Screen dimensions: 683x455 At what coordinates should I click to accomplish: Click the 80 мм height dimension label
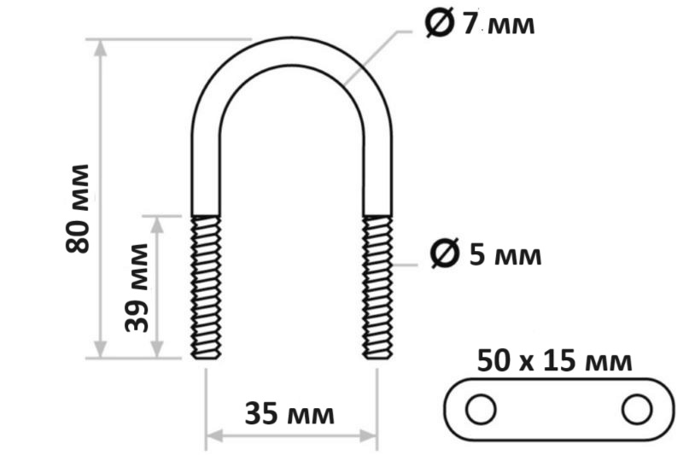coord(78,208)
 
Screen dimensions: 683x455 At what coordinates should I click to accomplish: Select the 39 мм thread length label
coord(137,288)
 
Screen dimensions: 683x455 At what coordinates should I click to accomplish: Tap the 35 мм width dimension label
coord(289,413)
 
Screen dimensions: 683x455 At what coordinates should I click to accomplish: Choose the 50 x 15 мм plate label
coord(554,361)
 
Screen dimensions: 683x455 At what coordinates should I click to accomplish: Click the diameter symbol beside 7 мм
coord(440,23)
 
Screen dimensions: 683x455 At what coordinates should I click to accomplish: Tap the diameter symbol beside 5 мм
coord(445,253)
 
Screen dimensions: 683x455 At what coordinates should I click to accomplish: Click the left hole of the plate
coord(481,409)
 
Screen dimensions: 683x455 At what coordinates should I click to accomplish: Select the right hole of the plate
coord(637,409)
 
